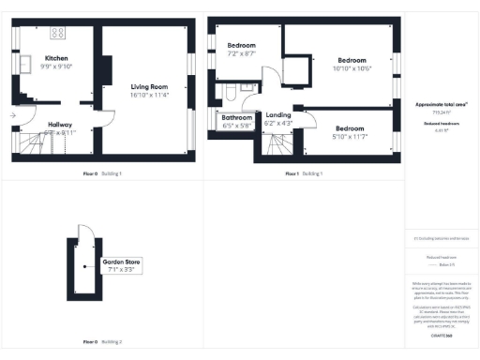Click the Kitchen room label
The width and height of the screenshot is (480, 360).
pos(56,57)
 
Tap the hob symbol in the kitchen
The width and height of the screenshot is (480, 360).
pos(56,33)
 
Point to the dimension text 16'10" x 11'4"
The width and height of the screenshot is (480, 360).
pos(149,95)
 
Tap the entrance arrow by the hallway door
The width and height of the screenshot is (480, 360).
pos(12,115)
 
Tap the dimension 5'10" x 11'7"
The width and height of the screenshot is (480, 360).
pos(350,137)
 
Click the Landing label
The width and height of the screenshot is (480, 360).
pos(279,114)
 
